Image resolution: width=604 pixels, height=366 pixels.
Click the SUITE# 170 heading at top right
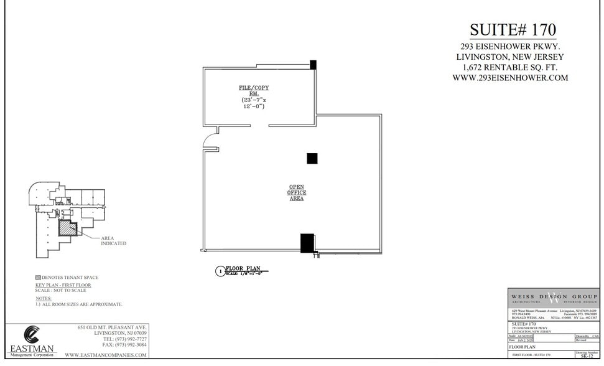(512, 30)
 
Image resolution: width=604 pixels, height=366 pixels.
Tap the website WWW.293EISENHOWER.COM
(510, 78)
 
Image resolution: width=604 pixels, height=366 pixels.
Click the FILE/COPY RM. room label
(254, 90)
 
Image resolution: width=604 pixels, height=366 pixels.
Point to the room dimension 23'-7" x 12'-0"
(254, 103)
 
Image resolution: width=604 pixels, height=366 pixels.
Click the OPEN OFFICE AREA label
(296, 192)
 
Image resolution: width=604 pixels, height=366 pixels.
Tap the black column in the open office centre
(312, 158)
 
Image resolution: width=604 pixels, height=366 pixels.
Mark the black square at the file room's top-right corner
(313, 64)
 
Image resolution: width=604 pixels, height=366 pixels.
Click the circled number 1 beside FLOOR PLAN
(219, 271)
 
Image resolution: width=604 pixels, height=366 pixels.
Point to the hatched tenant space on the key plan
(67, 227)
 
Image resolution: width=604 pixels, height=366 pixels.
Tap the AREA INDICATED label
(113, 240)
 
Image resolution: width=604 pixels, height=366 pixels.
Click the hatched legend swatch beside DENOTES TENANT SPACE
(38, 278)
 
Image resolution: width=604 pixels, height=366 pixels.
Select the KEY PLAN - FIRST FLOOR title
(63, 285)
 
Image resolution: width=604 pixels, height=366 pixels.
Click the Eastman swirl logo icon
(32, 335)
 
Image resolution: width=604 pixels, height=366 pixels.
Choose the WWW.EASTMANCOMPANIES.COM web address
(106, 355)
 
